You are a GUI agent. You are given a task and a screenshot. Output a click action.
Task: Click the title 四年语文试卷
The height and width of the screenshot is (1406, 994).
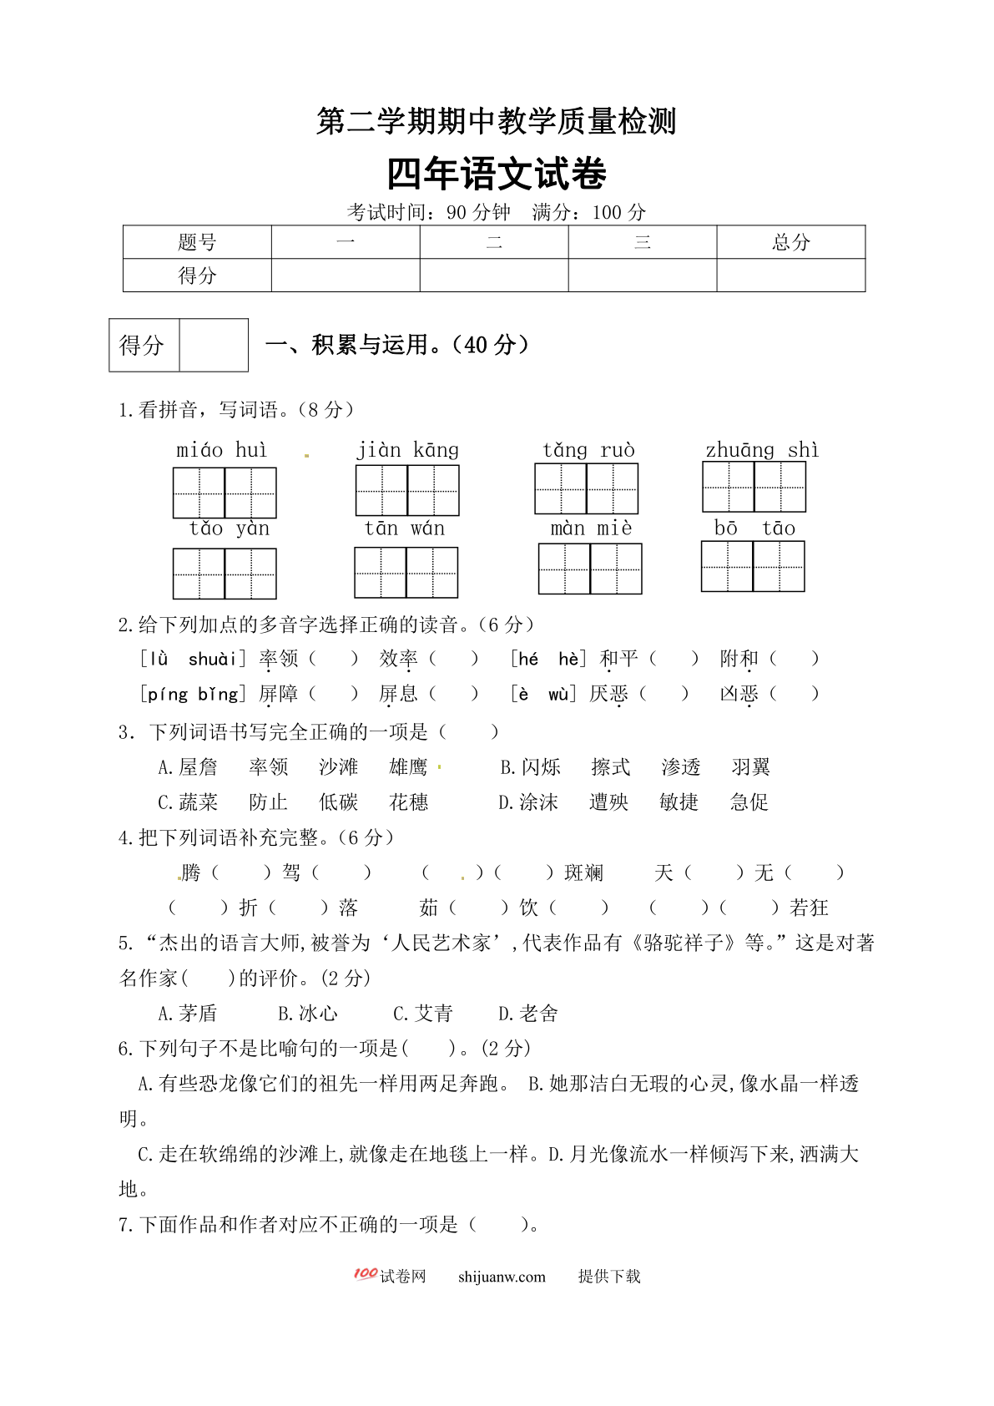[497, 174]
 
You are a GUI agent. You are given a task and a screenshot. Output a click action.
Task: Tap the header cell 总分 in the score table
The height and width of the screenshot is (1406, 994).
[790, 242]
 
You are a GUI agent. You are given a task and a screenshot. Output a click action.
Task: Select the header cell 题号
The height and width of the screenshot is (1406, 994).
[197, 242]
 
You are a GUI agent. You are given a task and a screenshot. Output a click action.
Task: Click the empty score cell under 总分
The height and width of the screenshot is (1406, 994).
[790, 276]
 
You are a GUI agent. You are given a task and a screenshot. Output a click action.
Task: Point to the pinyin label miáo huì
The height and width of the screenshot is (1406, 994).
[222, 451]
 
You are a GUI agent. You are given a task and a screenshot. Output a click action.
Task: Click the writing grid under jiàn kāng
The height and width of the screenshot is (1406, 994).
[407, 490]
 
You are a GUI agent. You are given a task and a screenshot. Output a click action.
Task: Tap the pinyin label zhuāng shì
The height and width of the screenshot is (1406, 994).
[761, 451]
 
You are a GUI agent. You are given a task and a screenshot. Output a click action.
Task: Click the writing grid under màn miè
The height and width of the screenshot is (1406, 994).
[590, 569]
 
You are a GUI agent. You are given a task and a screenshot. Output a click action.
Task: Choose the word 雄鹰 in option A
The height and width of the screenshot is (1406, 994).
[408, 767]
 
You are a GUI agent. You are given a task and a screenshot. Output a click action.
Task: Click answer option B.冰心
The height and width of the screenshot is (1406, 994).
[308, 1014]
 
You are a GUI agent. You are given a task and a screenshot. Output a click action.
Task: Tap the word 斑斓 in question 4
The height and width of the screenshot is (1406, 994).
[583, 872]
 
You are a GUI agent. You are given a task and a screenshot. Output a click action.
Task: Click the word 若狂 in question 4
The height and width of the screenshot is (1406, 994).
[809, 908]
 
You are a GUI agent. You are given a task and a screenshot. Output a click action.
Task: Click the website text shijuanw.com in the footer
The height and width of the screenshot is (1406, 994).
[502, 1277]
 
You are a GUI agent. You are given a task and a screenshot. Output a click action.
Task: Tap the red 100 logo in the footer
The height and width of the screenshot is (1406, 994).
[365, 1274]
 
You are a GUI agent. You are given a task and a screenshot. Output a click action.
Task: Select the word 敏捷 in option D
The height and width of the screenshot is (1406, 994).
[679, 802]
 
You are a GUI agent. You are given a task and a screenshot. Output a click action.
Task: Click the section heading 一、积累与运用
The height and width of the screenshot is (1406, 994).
[397, 345]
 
